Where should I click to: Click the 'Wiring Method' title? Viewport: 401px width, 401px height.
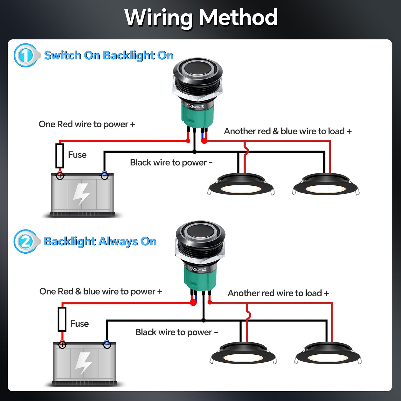point(201,17)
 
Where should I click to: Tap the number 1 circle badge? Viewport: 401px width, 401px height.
point(25,56)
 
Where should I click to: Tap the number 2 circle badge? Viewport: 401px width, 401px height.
point(25,241)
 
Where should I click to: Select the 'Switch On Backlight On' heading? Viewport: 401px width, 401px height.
point(109,56)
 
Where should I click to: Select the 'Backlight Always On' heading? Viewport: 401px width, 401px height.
point(100,241)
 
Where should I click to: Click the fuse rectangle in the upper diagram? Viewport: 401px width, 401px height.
point(60,156)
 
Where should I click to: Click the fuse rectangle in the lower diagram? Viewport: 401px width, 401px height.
point(62,319)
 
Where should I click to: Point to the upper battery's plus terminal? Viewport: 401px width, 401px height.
point(60,176)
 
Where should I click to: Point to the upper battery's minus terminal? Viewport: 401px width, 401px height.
point(105,176)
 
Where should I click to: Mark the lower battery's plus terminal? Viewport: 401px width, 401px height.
point(62,345)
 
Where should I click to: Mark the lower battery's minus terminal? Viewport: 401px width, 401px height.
point(107,345)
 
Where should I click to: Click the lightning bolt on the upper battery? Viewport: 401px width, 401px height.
point(81,194)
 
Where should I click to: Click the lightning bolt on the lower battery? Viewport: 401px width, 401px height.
point(84,363)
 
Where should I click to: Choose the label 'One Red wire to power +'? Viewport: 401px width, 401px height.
point(87,124)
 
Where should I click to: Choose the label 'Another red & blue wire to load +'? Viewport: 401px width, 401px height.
point(288,131)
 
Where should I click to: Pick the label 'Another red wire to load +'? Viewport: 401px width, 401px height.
point(278,293)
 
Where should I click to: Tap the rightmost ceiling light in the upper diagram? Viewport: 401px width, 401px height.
point(326,185)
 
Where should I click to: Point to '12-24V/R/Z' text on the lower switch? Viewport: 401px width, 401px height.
point(198,269)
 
